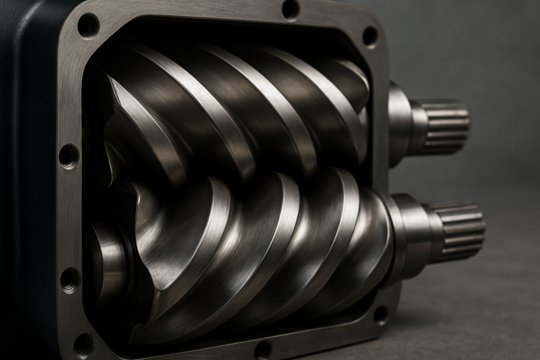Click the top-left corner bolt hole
[88, 25]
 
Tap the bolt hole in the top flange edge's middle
[291, 9]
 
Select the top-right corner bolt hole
[370, 36]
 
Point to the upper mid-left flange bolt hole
[69, 156]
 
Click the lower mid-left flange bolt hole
[70, 279]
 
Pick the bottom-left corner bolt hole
[84, 345]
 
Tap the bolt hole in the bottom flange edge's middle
[263, 349]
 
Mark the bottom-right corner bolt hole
[381, 314]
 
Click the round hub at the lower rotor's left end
[108, 264]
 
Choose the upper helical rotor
[237, 105]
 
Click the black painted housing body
[26, 158]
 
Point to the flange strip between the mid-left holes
[69, 216]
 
